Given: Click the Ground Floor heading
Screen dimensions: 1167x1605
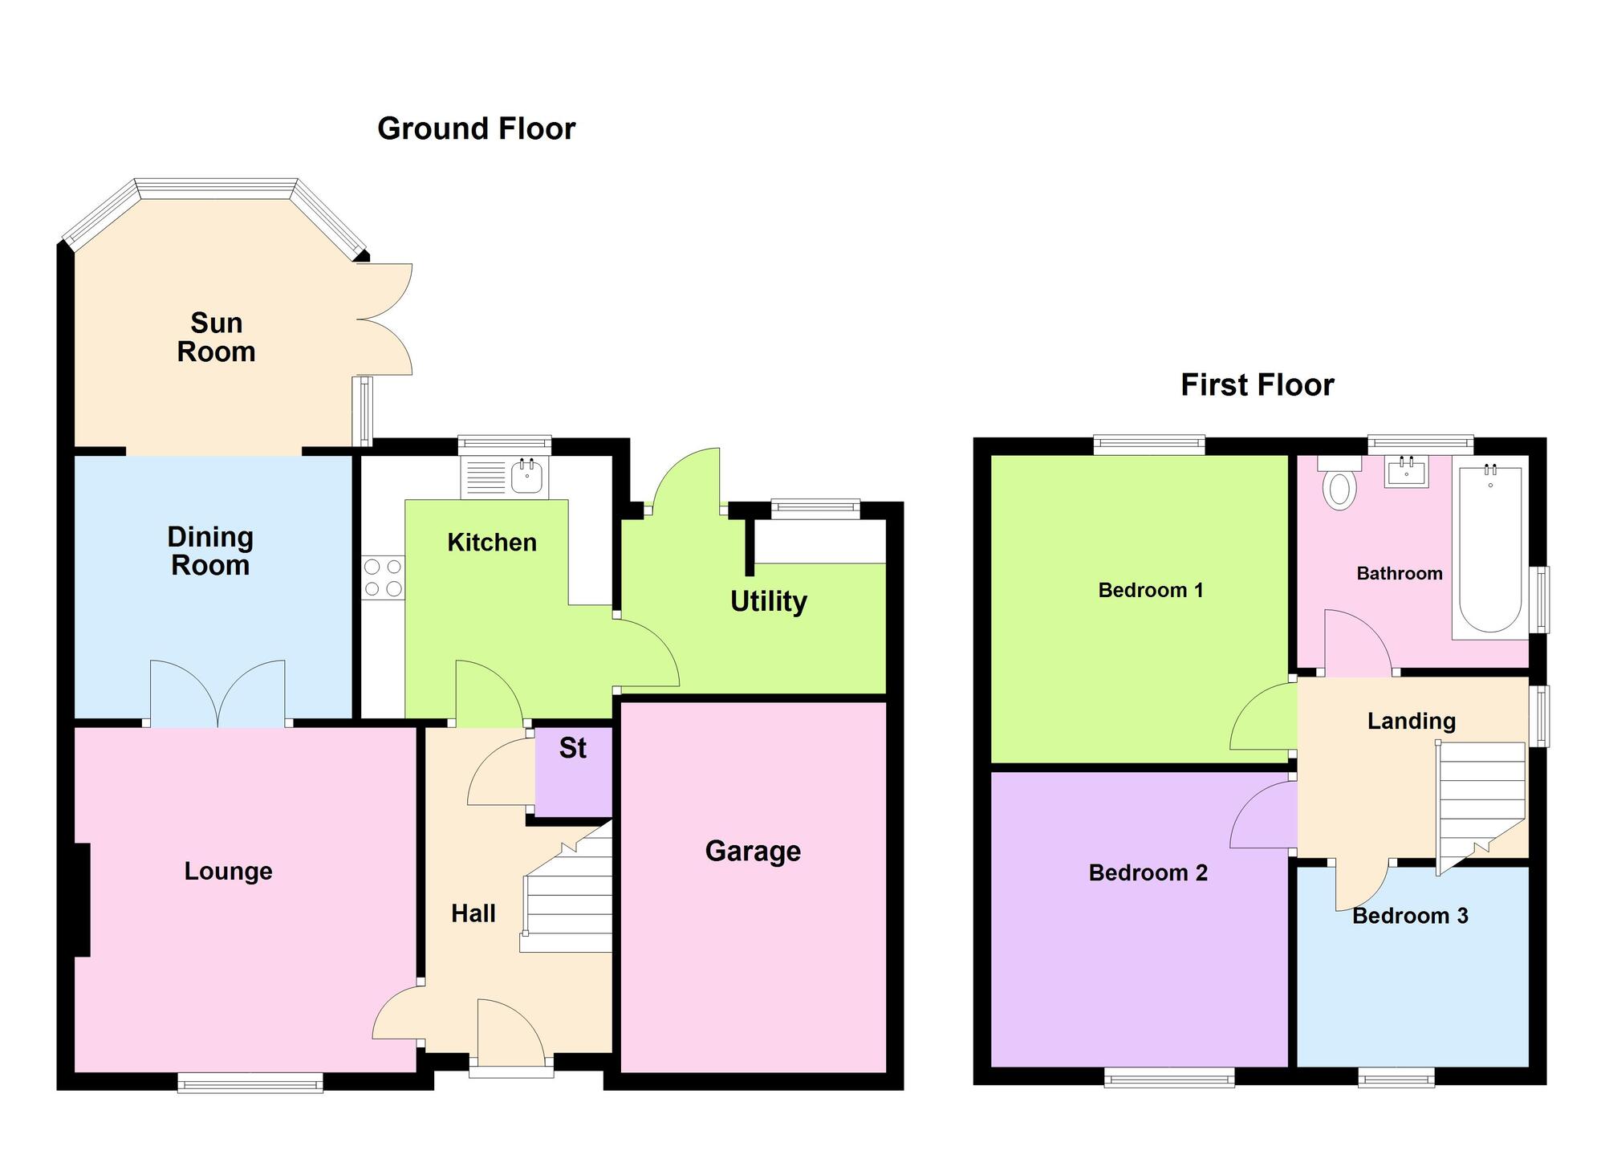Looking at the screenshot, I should pos(476,128).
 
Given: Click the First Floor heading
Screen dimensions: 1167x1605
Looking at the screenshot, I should pos(1257,385).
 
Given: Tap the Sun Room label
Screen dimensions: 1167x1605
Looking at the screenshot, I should pos(216,337).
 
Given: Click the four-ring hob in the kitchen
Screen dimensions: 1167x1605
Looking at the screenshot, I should pos(383,578).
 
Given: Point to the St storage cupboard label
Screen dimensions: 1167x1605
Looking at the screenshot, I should pos(572,748).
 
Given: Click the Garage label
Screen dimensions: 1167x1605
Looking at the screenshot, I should pos(753,851).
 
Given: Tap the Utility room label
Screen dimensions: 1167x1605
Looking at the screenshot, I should pos(768,601).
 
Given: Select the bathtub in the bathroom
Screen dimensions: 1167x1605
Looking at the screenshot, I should pos(1489,551).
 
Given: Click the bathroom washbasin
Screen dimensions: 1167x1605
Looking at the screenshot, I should pos(1406,473).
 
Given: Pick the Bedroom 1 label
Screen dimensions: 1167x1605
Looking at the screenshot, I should pos(1150,591).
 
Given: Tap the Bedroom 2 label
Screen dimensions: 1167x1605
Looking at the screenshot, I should pos(1148,873).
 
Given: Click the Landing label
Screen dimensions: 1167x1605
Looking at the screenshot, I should pos(1411,721).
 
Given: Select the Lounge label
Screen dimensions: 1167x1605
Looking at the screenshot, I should pos(228,872).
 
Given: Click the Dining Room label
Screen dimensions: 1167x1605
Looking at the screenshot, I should pos(210,551).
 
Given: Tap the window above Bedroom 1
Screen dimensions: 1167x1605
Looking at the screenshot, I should pos(1149,444).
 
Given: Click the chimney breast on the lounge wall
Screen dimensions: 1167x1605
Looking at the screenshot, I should pos(82,900).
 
